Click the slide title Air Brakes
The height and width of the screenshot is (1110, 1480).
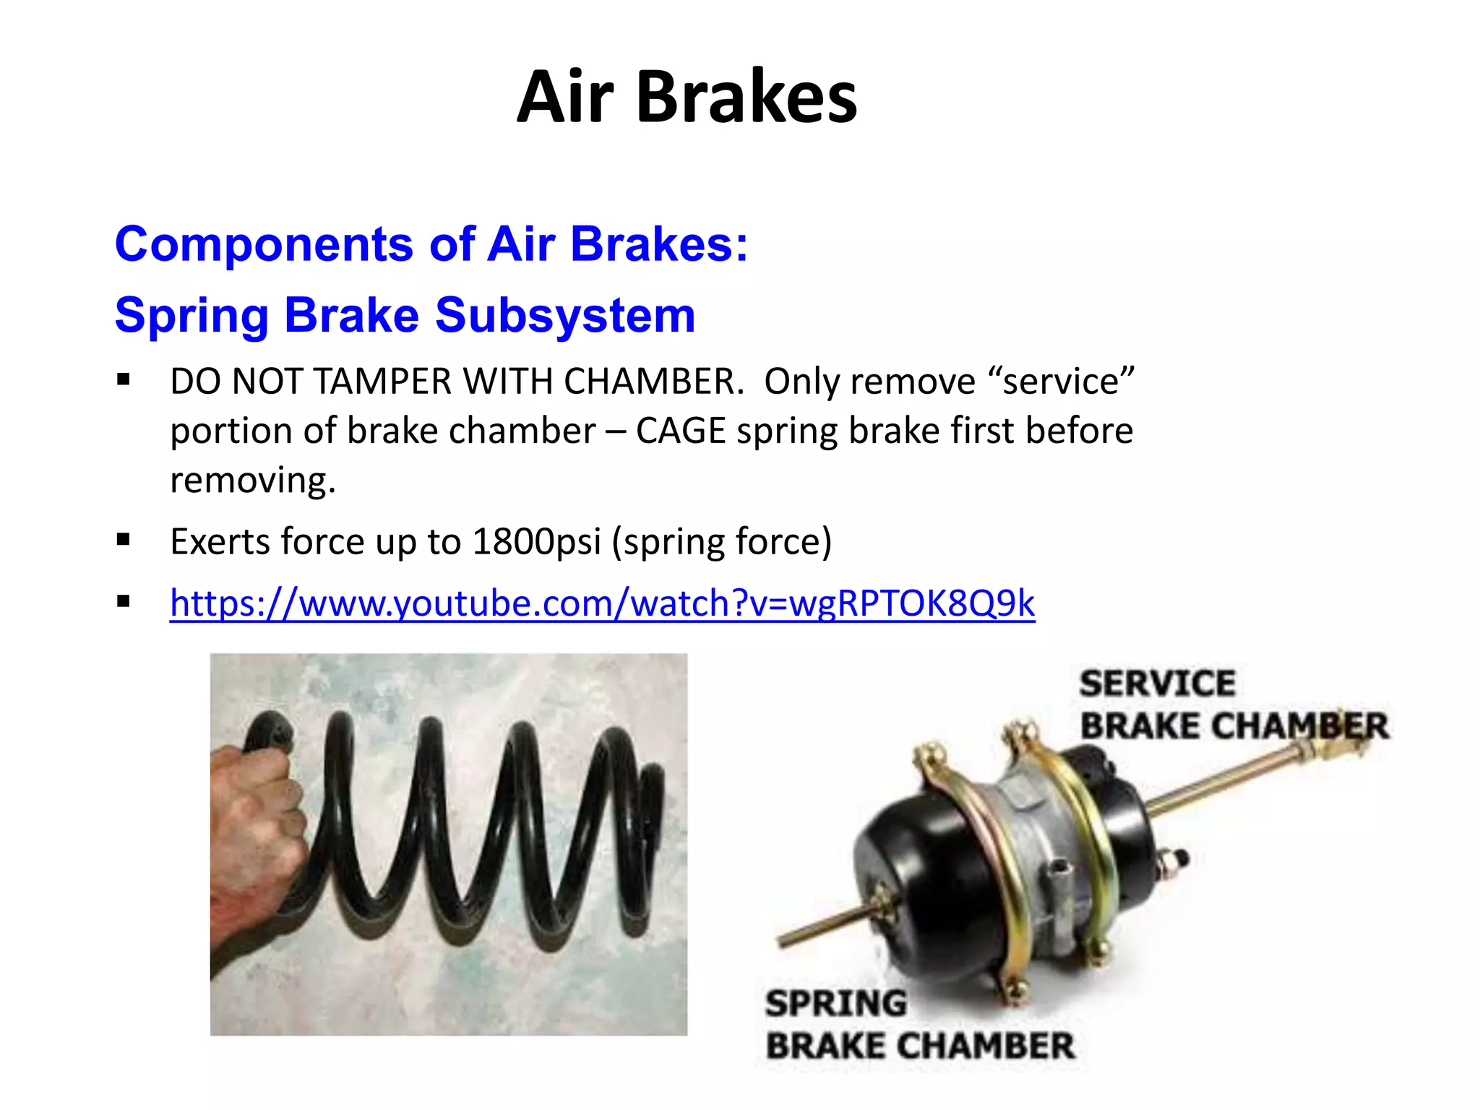687,98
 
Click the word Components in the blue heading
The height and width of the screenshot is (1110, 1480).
264,244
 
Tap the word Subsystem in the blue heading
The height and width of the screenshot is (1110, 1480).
565,315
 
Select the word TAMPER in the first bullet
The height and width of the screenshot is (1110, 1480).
382,381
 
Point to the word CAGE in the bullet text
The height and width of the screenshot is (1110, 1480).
680,431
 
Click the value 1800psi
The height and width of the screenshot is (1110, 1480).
536,541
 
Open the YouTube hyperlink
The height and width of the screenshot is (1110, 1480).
602,603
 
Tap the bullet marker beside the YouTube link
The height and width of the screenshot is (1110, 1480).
124,601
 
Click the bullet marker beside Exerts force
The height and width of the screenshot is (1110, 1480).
124,539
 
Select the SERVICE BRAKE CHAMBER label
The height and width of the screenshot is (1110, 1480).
1233,705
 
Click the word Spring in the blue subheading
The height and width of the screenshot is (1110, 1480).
192,315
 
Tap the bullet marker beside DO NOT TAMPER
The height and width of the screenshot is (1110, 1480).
124,379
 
